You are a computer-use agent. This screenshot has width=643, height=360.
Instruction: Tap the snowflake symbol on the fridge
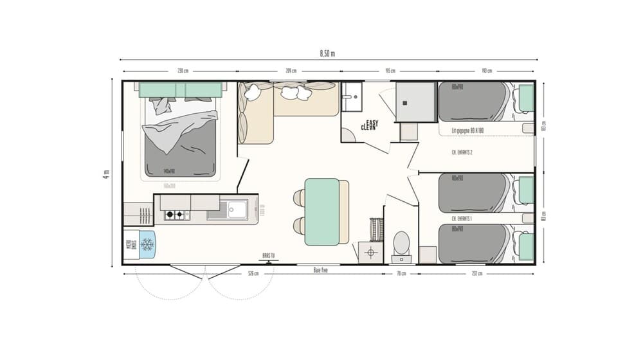[147, 244]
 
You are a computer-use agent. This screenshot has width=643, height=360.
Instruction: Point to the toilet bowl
[401, 243]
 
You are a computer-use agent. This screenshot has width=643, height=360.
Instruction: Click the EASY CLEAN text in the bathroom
[369, 125]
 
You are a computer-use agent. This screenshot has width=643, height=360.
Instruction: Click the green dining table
[321, 212]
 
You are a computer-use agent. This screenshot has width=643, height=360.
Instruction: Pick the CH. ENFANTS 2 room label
[463, 153]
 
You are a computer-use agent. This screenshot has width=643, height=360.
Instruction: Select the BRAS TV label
[269, 255]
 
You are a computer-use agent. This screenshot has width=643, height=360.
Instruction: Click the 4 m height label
[106, 173]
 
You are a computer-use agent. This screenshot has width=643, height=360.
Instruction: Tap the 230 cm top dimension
[183, 71]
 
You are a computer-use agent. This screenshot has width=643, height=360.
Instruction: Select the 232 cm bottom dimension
[476, 274]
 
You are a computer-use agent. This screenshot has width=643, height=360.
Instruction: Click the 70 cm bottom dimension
[401, 274]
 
